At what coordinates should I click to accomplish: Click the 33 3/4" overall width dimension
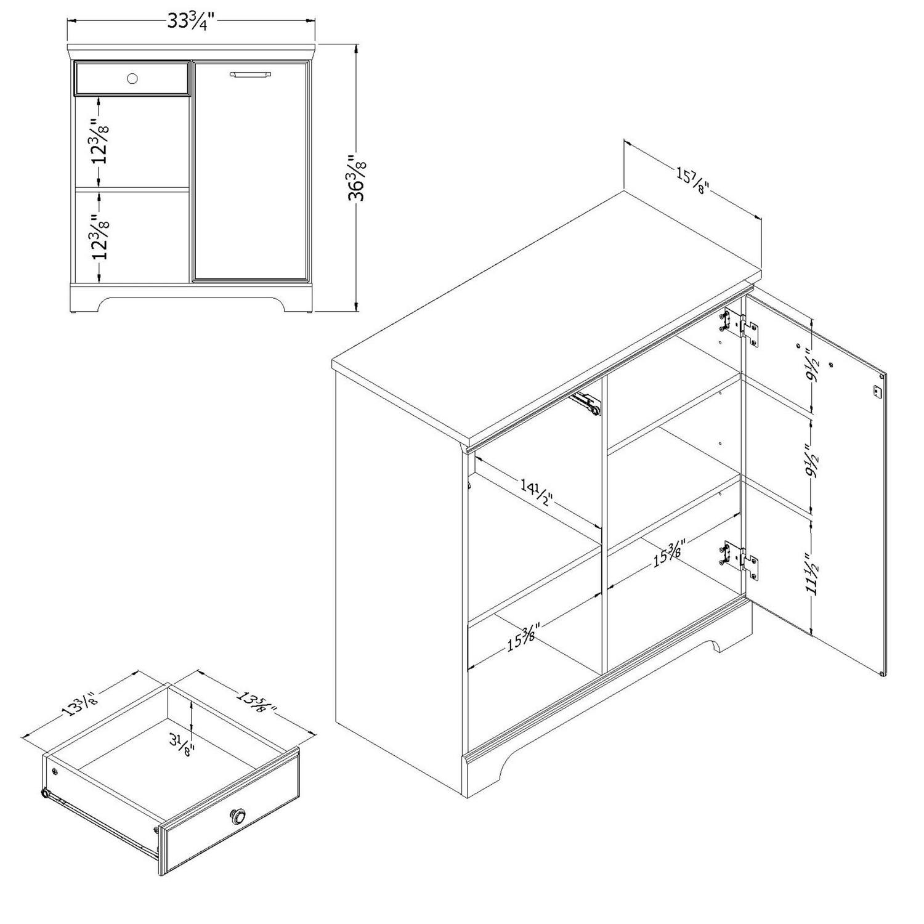pos(190,21)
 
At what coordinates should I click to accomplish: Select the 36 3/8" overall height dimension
pos(357,179)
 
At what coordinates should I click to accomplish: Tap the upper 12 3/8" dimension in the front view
pos(100,141)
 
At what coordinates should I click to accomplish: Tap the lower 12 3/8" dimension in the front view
pos(100,236)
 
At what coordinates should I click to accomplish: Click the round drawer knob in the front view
pos(132,78)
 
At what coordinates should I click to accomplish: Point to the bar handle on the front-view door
pos(250,75)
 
